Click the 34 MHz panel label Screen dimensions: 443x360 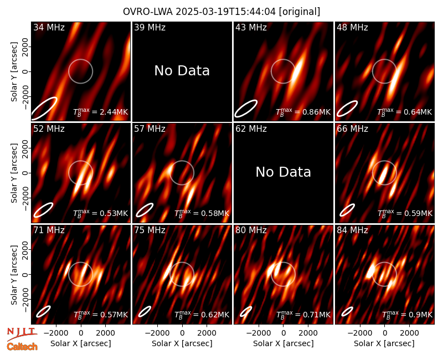(49, 27)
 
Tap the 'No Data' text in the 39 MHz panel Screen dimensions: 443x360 (182, 70)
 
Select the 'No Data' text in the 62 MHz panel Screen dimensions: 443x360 (284, 172)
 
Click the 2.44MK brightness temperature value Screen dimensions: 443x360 (110, 112)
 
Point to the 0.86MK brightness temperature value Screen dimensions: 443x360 (313, 112)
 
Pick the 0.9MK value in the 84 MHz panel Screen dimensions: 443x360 (417, 315)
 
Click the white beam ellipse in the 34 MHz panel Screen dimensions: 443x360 (44, 108)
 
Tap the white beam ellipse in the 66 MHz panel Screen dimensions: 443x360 (347, 210)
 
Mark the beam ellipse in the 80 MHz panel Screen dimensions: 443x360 (246, 312)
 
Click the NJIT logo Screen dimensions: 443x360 (22, 334)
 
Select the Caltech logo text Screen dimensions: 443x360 (22, 347)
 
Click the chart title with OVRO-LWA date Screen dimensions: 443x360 (221, 12)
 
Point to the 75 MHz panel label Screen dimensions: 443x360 (150, 230)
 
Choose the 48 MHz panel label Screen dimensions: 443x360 (352, 27)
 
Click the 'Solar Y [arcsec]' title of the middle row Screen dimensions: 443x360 (14, 173)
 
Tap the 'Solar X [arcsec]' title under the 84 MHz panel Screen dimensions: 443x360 (384, 343)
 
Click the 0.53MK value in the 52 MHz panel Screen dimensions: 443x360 (110, 213)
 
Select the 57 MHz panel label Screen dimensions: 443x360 (150, 129)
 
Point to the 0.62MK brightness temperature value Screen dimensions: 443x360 (212, 315)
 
